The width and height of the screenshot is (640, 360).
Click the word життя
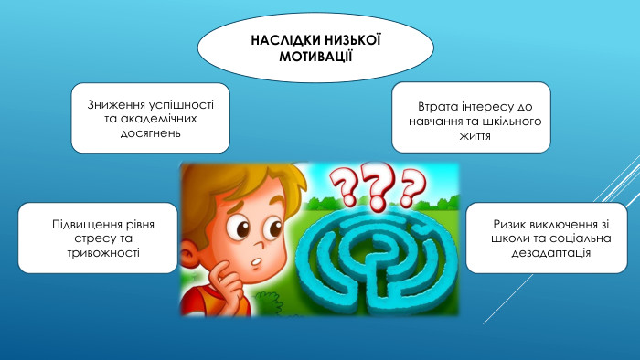(x=470, y=135)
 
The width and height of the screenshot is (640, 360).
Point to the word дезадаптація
(x=549, y=253)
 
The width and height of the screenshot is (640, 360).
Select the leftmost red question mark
(x=343, y=192)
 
